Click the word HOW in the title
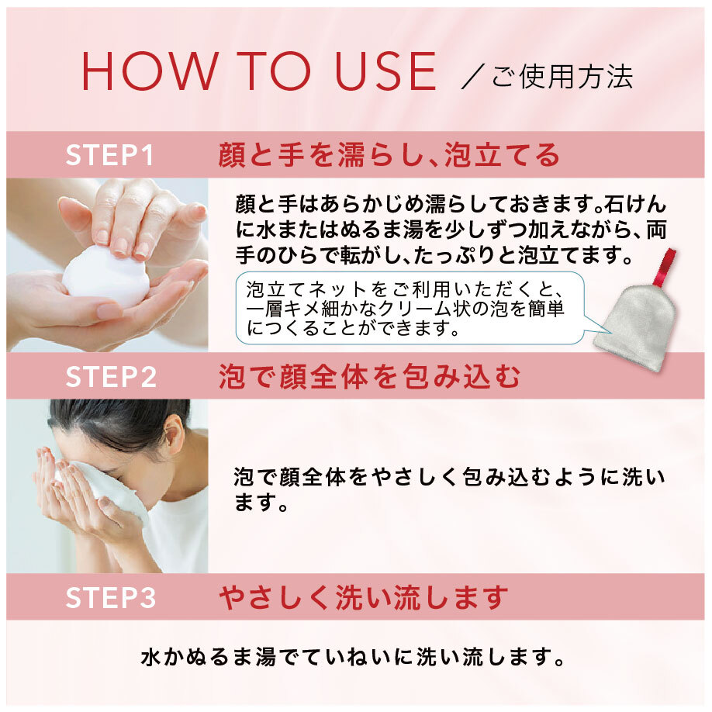point(147,73)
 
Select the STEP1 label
point(110,156)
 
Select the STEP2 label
point(111,377)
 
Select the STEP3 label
point(111,598)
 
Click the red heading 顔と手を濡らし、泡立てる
point(389,156)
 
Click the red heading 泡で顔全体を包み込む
point(369,377)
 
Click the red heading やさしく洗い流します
point(363,598)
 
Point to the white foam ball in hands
point(105,276)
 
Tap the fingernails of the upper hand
point(120,247)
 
